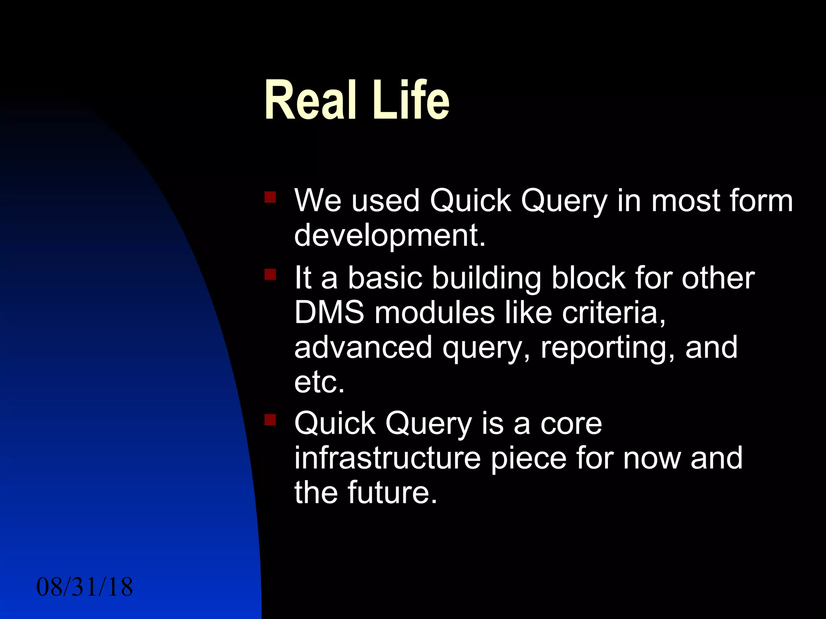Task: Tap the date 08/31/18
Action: (84, 587)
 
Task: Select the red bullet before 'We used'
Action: (270, 197)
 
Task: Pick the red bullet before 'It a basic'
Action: (270, 274)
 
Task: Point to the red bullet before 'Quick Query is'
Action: (270, 420)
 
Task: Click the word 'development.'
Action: (390, 235)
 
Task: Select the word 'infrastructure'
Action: (387, 458)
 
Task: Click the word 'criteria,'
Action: (613, 312)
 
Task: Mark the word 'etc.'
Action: (319, 382)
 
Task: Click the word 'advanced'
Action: (363, 347)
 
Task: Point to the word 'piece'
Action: (528, 459)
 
